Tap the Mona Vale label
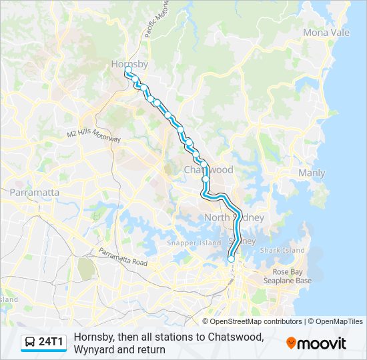(x=326, y=32)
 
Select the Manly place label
(x=312, y=173)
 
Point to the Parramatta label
(x=34, y=192)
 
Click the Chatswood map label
(x=208, y=169)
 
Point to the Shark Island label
(x=282, y=250)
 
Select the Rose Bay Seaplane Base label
(x=292, y=276)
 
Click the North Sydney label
(x=234, y=218)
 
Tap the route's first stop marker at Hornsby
(x=128, y=69)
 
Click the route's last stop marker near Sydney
(x=232, y=259)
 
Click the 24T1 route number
(x=51, y=343)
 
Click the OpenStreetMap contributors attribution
(x=256, y=321)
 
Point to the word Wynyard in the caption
(x=93, y=349)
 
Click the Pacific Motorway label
(x=155, y=23)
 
